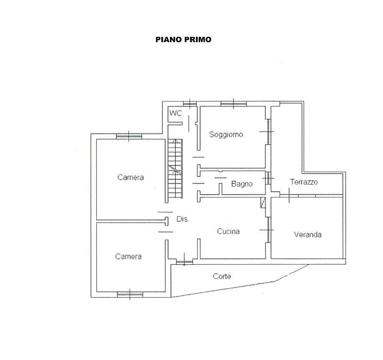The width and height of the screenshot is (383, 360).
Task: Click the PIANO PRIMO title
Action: [x=183, y=40]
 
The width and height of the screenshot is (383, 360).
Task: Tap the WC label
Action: [x=176, y=113]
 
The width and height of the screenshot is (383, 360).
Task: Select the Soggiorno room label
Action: [x=226, y=135]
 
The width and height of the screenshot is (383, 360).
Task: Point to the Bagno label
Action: [x=242, y=184]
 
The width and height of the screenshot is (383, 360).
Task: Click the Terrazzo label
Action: [x=304, y=182]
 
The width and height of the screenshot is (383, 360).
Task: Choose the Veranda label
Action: [x=307, y=234]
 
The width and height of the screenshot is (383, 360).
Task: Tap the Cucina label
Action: [x=228, y=232]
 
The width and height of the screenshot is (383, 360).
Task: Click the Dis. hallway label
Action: [x=183, y=219]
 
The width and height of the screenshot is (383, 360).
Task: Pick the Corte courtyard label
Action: [x=222, y=277]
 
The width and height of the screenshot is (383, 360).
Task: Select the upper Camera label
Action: [x=130, y=177]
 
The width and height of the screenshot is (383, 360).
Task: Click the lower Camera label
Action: [x=128, y=256]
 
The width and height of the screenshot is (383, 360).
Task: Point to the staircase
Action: [x=175, y=169]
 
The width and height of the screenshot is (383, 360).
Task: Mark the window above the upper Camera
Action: [x=129, y=137]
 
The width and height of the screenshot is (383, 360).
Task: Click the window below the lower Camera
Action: [x=130, y=294]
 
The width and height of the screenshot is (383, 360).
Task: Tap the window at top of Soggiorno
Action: [x=234, y=104]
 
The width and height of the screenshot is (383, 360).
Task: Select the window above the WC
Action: [x=190, y=104]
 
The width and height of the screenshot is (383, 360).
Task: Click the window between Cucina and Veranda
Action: [x=268, y=230]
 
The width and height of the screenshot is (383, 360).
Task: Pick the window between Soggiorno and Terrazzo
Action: [x=268, y=132]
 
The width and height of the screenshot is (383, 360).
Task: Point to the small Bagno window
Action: [x=268, y=178]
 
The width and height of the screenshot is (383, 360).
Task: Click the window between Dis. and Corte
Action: [x=184, y=262]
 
